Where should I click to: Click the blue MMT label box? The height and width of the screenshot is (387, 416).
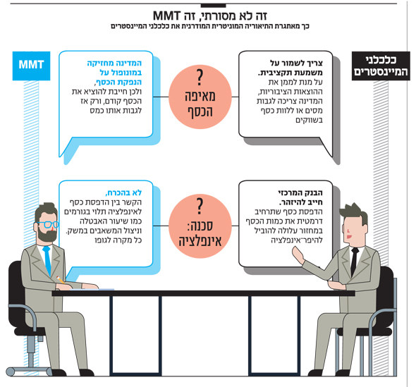point(31,66)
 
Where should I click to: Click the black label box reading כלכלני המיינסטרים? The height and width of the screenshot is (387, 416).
point(381,66)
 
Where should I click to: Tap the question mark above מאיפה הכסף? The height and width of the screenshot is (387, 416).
point(200,78)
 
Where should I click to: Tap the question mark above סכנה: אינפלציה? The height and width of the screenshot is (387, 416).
point(200,207)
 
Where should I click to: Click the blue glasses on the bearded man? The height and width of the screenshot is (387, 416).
point(47,225)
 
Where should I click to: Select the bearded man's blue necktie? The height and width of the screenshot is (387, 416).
point(47,261)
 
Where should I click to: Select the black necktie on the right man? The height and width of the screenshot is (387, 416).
point(354,262)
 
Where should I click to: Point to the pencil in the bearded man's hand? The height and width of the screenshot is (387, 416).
point(61,279)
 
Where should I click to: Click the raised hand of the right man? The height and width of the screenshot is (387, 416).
point(298,255)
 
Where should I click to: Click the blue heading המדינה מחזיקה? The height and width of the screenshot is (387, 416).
point(114,63)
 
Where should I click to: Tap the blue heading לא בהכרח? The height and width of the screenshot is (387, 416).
point(123,192)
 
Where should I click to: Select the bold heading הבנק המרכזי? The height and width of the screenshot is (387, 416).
point(300,192)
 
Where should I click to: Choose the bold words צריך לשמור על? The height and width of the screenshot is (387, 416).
point(296,63)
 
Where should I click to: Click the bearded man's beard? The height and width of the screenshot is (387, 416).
point(47,235)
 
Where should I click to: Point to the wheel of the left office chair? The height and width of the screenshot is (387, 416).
point(11,371)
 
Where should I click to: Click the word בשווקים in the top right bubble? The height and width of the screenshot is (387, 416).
point(309,120)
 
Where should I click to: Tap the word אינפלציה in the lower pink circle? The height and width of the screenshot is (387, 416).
point(200,241)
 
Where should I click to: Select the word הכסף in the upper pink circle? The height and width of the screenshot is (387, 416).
point(200,111)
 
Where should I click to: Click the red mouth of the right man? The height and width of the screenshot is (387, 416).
point(349,236)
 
